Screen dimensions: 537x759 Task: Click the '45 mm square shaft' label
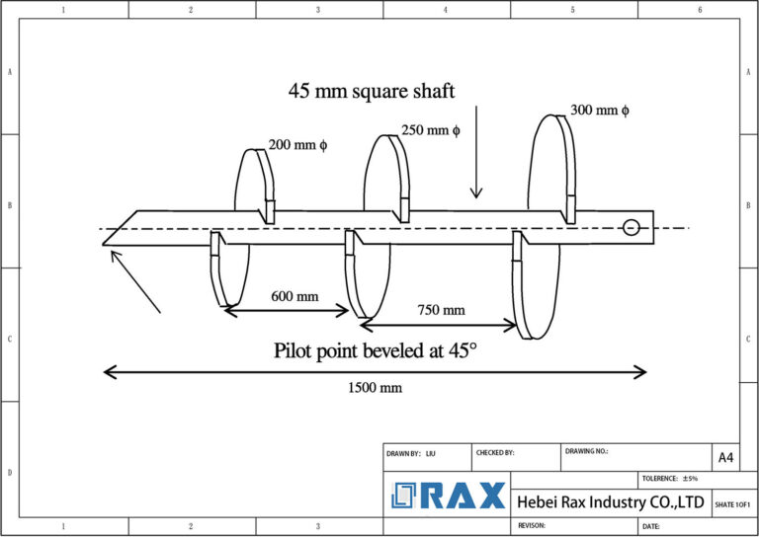click(x=372, y=92)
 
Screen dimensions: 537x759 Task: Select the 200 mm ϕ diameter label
click(x=297, y=145)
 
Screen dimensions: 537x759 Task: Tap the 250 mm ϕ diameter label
click(x=430, y=130)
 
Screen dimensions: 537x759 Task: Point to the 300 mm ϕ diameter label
click(x=599, y=111)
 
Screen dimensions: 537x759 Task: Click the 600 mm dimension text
click(x=295, y=296)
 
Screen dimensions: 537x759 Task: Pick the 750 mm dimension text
click(x=440, y=310)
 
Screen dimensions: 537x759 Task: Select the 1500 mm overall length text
click(x=375, y=388)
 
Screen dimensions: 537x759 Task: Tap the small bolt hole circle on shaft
click(x=632, y=228)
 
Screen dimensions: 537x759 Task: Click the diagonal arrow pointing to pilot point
click(x=134, y=282)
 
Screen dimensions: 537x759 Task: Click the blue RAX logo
click(x=448, y=496)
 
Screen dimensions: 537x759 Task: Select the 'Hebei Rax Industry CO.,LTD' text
click(x=610, y=503)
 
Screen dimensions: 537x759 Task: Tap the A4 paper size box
click(x=725, y=457)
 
